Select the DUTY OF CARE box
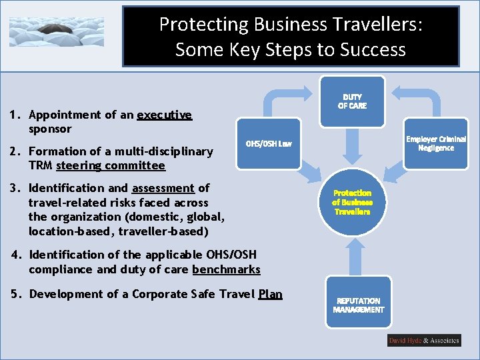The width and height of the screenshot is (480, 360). pos(352,101)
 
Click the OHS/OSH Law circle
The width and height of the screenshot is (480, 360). pos(269,143)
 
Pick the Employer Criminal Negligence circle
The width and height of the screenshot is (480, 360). pos(436,143)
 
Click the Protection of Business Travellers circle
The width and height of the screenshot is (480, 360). pos(352,201)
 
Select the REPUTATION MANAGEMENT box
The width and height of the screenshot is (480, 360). pos(359,305)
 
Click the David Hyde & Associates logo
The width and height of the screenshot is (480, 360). pos(424,340)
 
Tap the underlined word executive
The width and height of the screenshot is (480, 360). pos(164,115)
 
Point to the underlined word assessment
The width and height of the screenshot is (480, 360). pos(163,188)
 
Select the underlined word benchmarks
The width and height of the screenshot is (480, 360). pos(226,269)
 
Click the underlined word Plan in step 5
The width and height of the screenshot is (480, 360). pos(270,294)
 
